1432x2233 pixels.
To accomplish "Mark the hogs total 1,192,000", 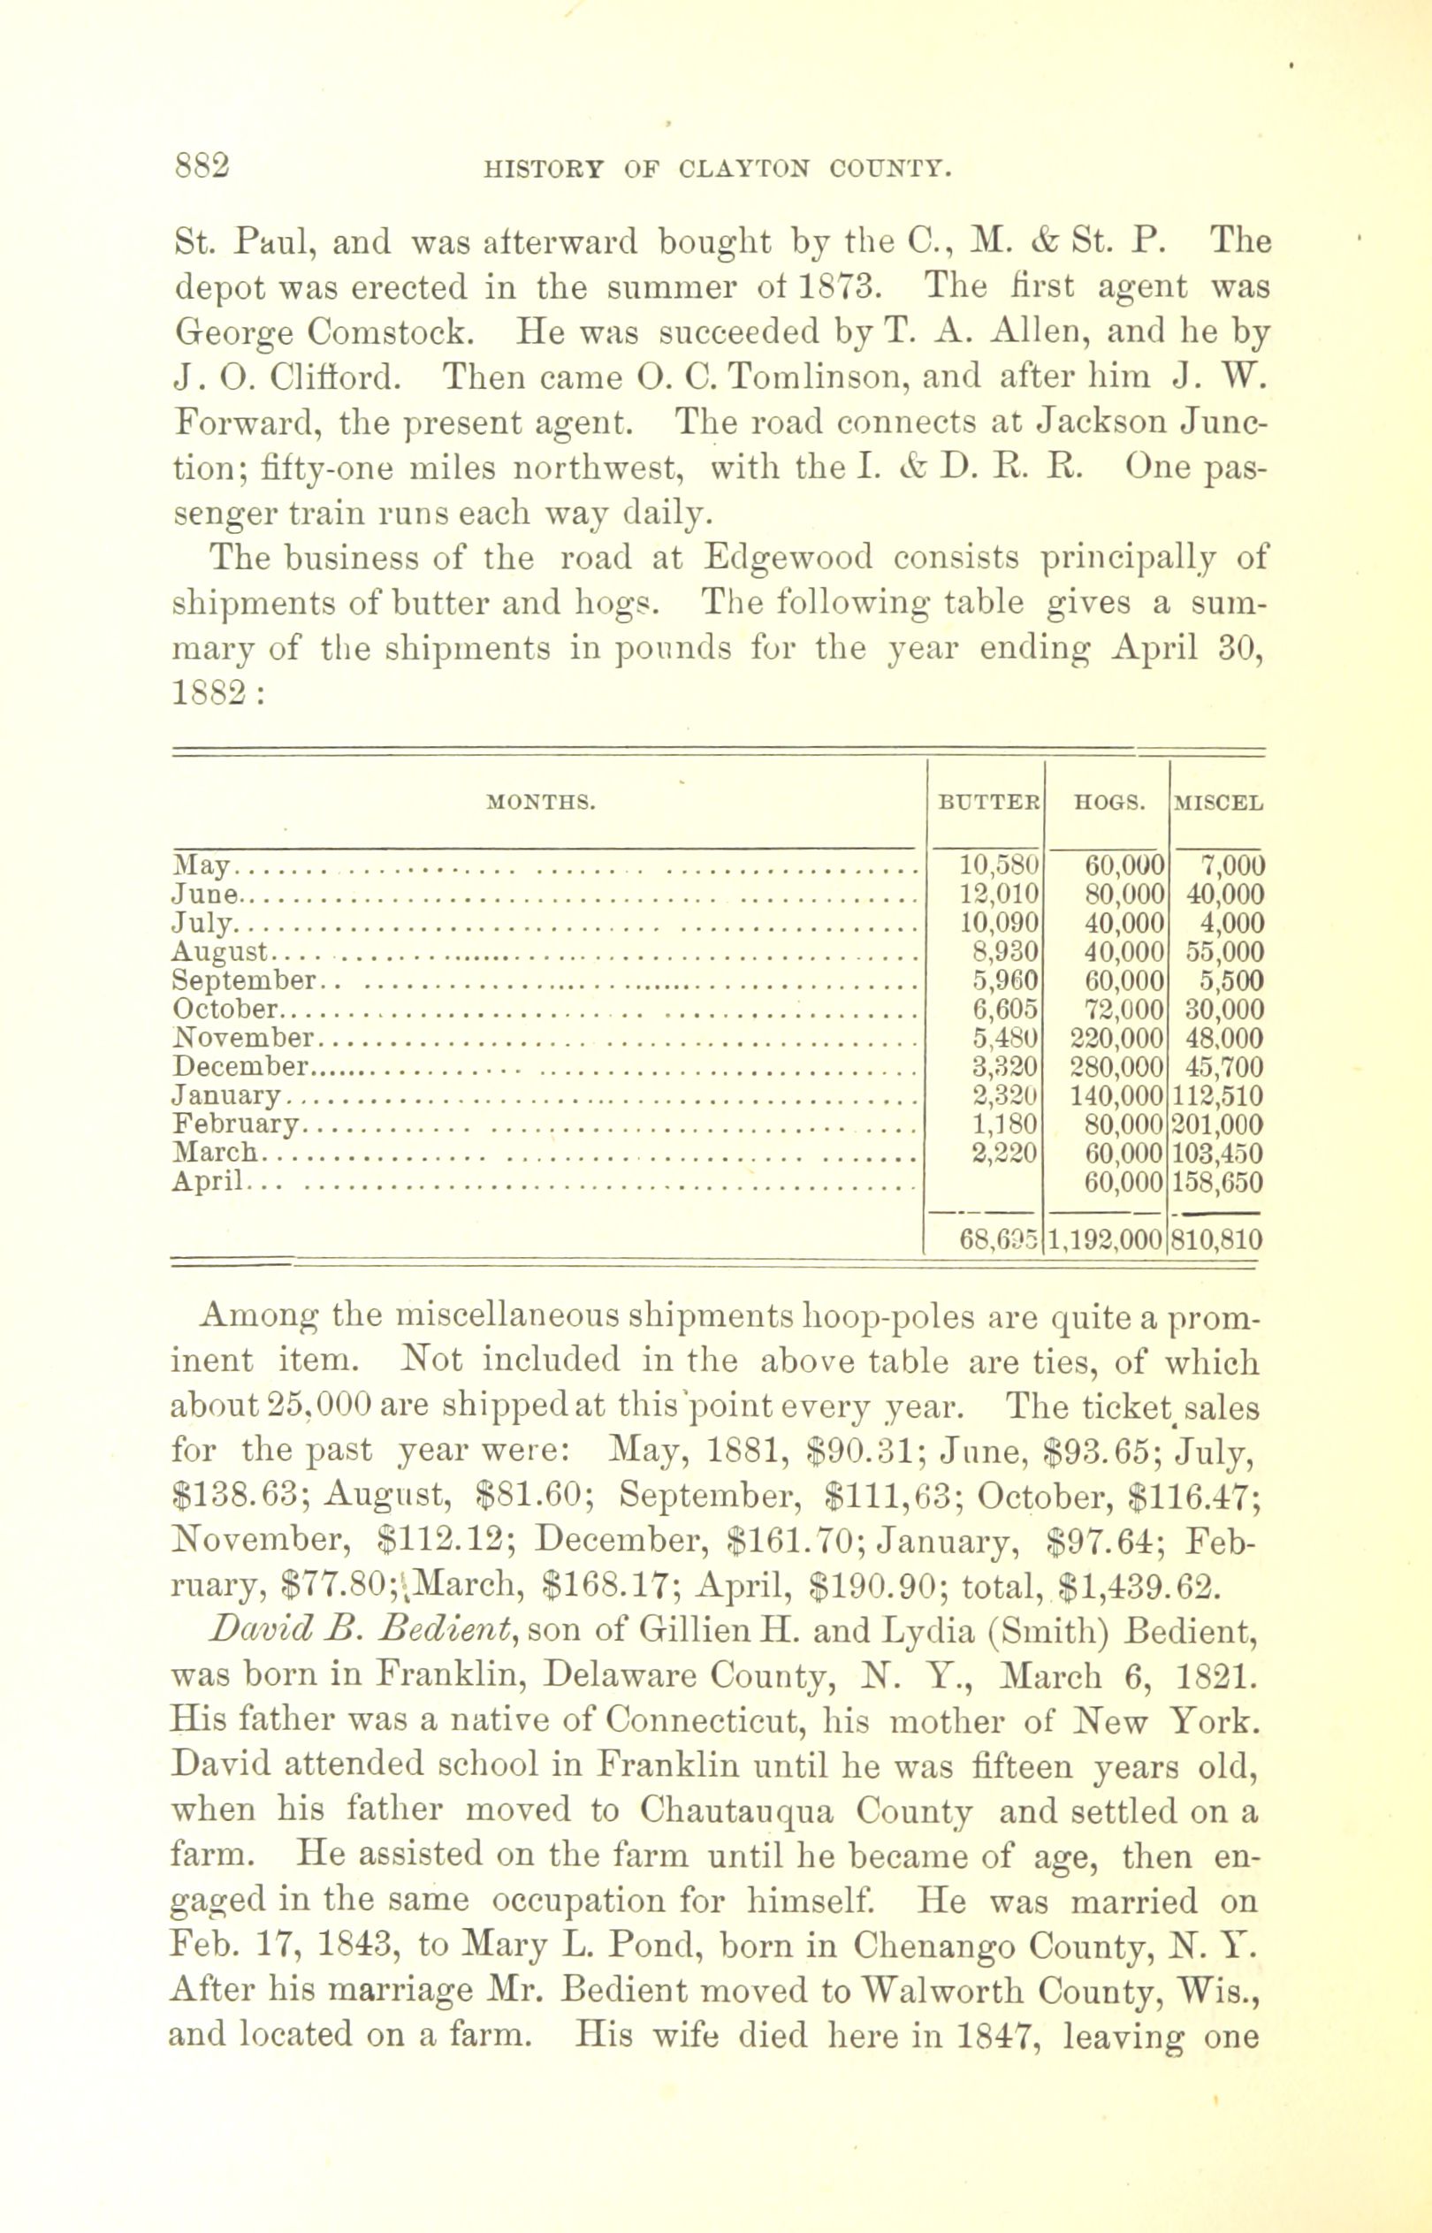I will pyautogui.click(x=1107, y=1239).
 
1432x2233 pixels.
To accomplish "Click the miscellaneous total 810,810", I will pyautogui.click(x=1218, y=1239).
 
